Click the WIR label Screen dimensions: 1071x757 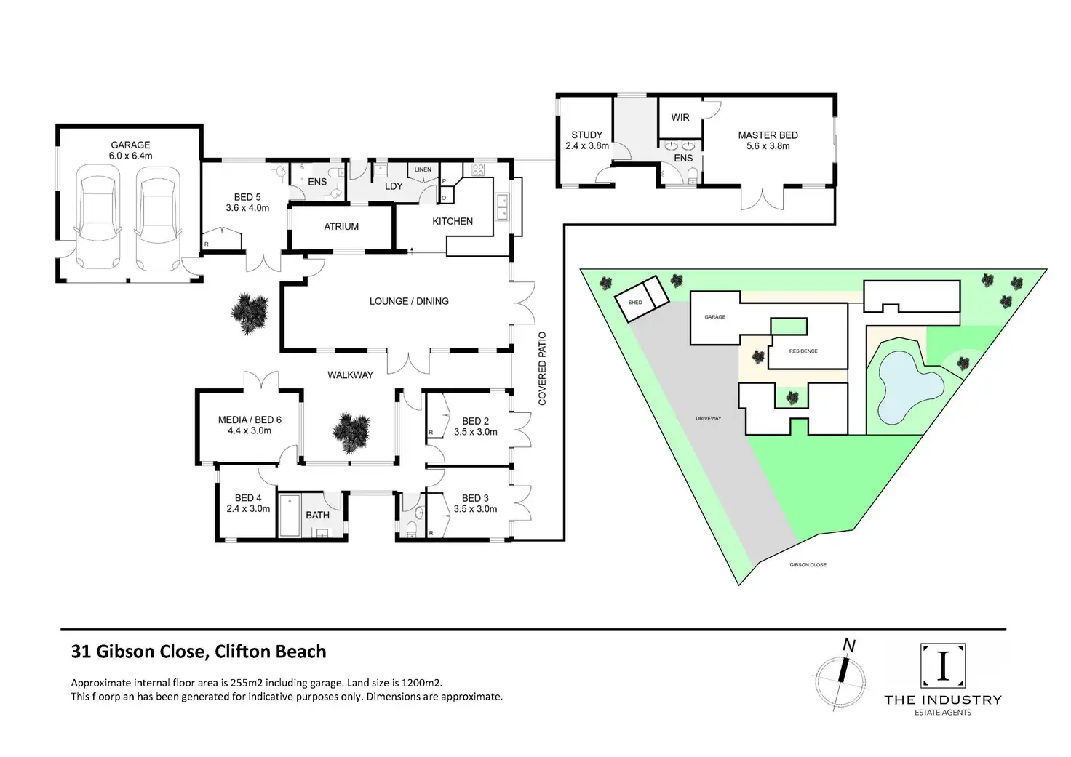click(x=680, y=117)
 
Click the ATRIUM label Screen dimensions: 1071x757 click(x=341, y=226)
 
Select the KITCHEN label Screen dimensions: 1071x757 click(x=453, y=221)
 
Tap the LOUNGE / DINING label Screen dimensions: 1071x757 click(x=409, y=301)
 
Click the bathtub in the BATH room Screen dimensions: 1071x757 click(x=289, y=516)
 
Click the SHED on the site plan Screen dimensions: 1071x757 click(x=642, y=297)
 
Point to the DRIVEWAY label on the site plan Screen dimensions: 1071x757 click(x=708, y=419)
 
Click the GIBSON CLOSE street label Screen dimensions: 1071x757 click(x=808, y=565)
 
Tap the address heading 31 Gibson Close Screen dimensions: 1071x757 click(x=199, y=652)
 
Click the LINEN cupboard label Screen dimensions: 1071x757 click(x=423, y=170)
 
